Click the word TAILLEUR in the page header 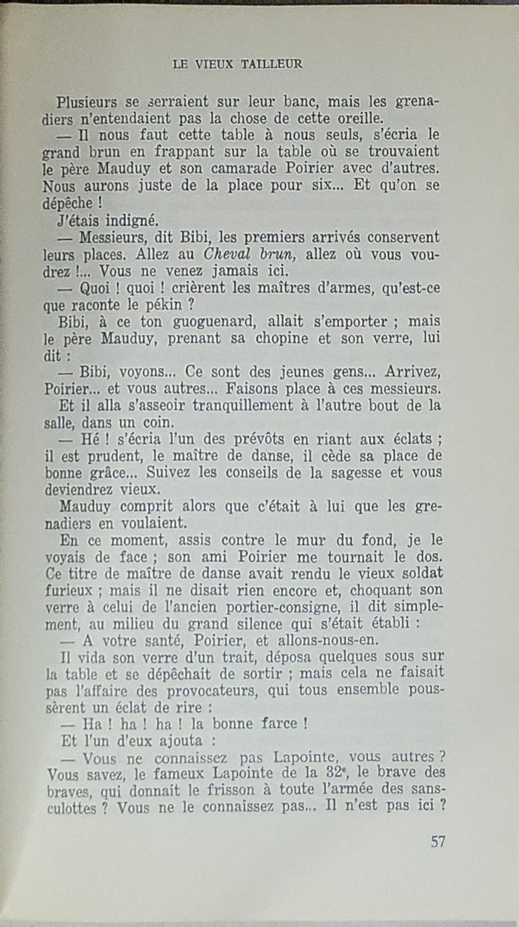tap(272, 64)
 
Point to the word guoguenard tap(214, 321)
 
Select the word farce tap(282, 724)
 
